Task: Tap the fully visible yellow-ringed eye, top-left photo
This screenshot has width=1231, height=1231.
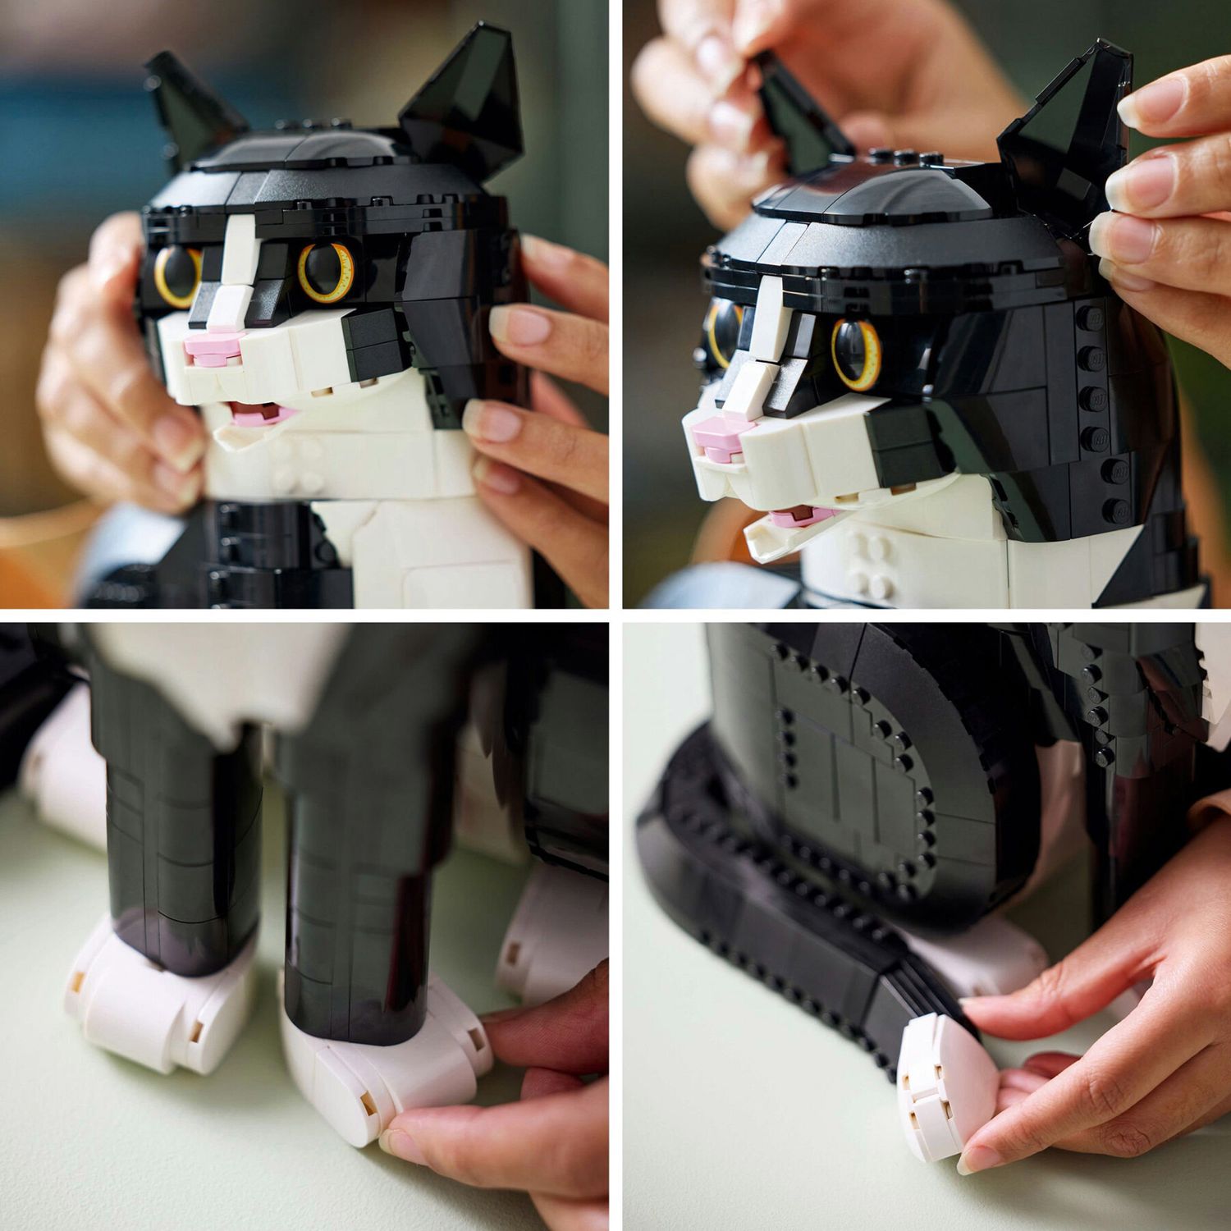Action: pos(326,271)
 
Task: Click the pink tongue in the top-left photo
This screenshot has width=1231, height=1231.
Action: pos(256,414)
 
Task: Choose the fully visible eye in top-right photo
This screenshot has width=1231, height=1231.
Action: pos(857,353)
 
